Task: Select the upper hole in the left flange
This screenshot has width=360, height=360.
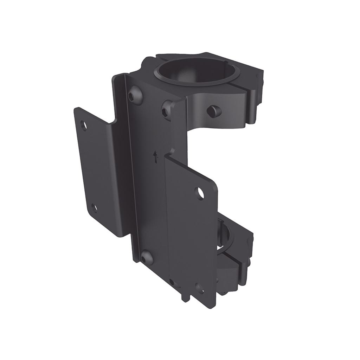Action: point(84,124)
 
